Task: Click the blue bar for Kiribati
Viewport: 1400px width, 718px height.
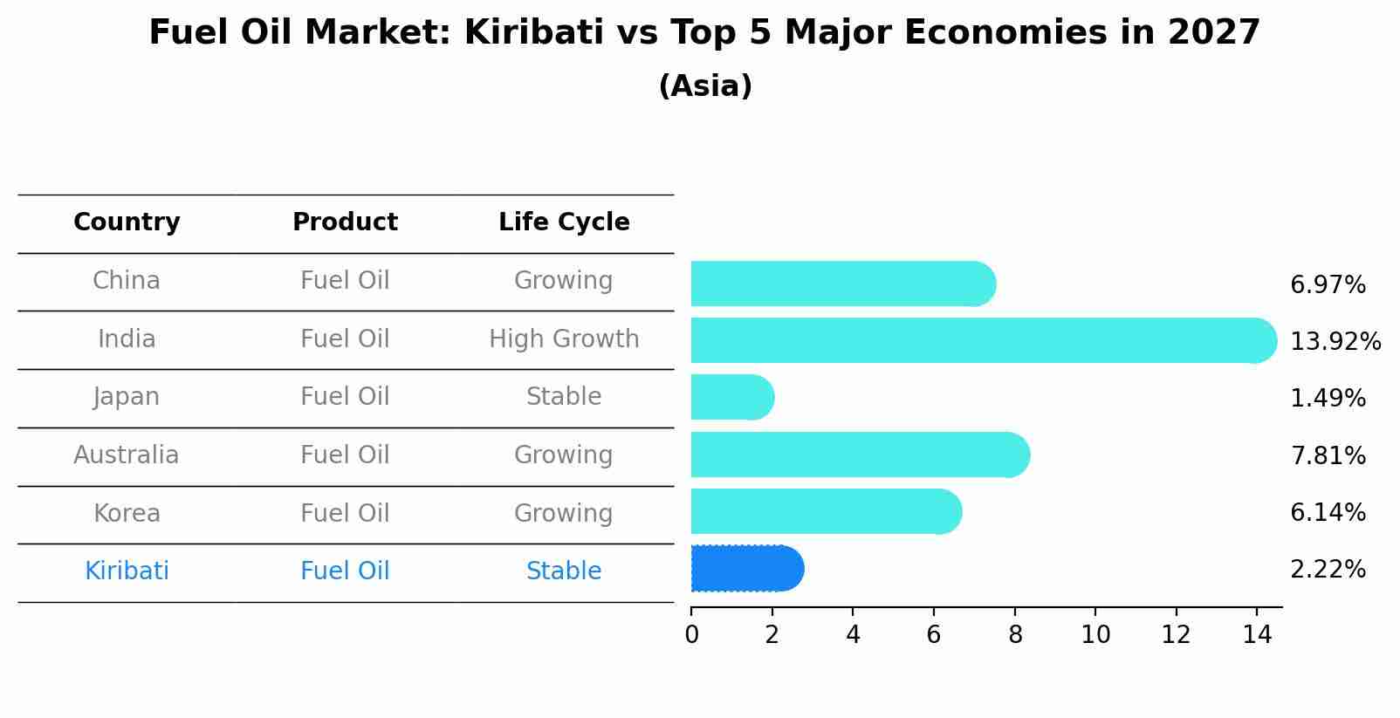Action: click(x=746, y=569)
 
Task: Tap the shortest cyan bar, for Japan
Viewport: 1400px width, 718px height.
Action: click(x=731, y=398)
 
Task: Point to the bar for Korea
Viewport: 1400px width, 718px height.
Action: click(x=826, y=512)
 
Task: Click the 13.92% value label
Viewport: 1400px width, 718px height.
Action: click(x=1335, y=341)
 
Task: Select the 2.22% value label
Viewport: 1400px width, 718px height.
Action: click(x=1328, y=570)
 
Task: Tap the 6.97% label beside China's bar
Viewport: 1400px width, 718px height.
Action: click(x=1328, y=284)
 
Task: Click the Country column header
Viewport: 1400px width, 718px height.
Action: click(x=127, y=222)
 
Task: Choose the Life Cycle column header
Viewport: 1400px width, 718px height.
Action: click(x=564, y=222)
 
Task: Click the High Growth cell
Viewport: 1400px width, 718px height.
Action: click(x=564, y=338)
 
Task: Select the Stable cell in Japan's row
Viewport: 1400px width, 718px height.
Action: click(x=564, y=397)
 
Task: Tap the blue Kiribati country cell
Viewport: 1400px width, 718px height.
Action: click(x=127, y=571)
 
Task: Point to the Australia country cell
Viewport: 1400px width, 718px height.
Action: click(x=127, y=455)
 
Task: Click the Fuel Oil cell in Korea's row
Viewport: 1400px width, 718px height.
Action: click(x=345, y=513)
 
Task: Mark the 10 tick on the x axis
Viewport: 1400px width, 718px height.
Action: click(x=1095, y=635)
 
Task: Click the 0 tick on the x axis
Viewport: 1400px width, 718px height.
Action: click(x=691, y=635)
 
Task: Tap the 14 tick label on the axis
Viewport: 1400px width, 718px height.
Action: click(x=1257, y=635)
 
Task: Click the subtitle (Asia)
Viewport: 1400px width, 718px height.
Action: click(x=705, y=86)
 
